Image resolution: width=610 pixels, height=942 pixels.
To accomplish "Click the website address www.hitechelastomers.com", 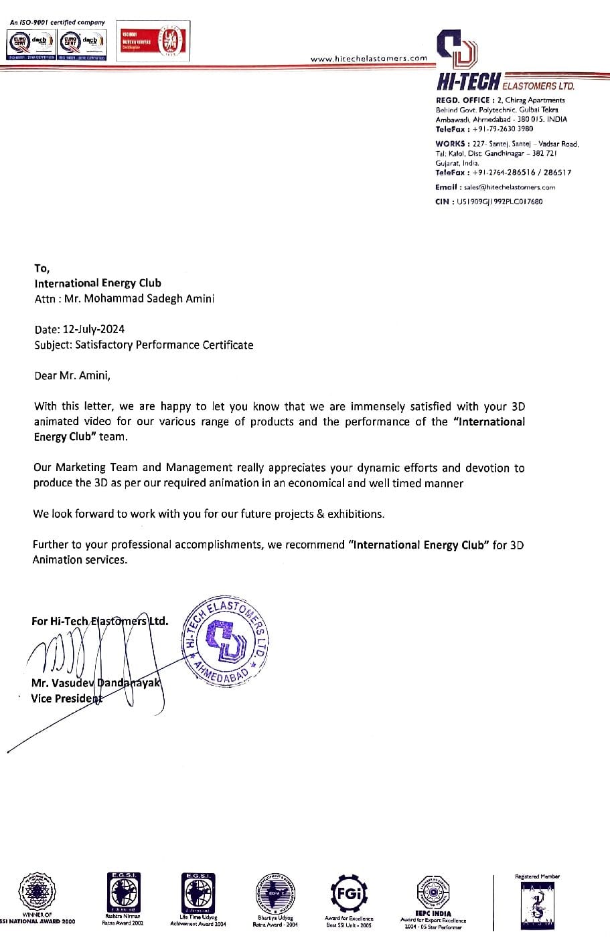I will (368, 58).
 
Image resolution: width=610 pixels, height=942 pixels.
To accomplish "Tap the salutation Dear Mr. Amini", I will (72, 375).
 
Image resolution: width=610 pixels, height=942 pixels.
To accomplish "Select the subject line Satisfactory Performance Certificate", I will (164, 345).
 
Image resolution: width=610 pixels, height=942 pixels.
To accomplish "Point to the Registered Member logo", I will (537, 903).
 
